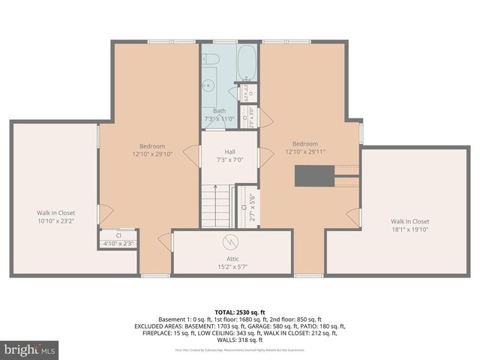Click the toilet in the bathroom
pyautogui.click(x=211, y=58)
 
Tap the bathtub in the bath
pyautogui.click(x=247, y=63)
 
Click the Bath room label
pyautogui.click(x=219, y=111)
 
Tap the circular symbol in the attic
pyautogui.click(x=232, y=242)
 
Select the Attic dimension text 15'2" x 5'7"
pyautogui.click(x=232, y=266)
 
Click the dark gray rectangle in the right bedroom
pyautogui.click(x=314, y=175)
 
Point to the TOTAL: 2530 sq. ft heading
pyautogui.click(x=240, y=310)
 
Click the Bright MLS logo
pyautogui.click(x=30, y=349)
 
